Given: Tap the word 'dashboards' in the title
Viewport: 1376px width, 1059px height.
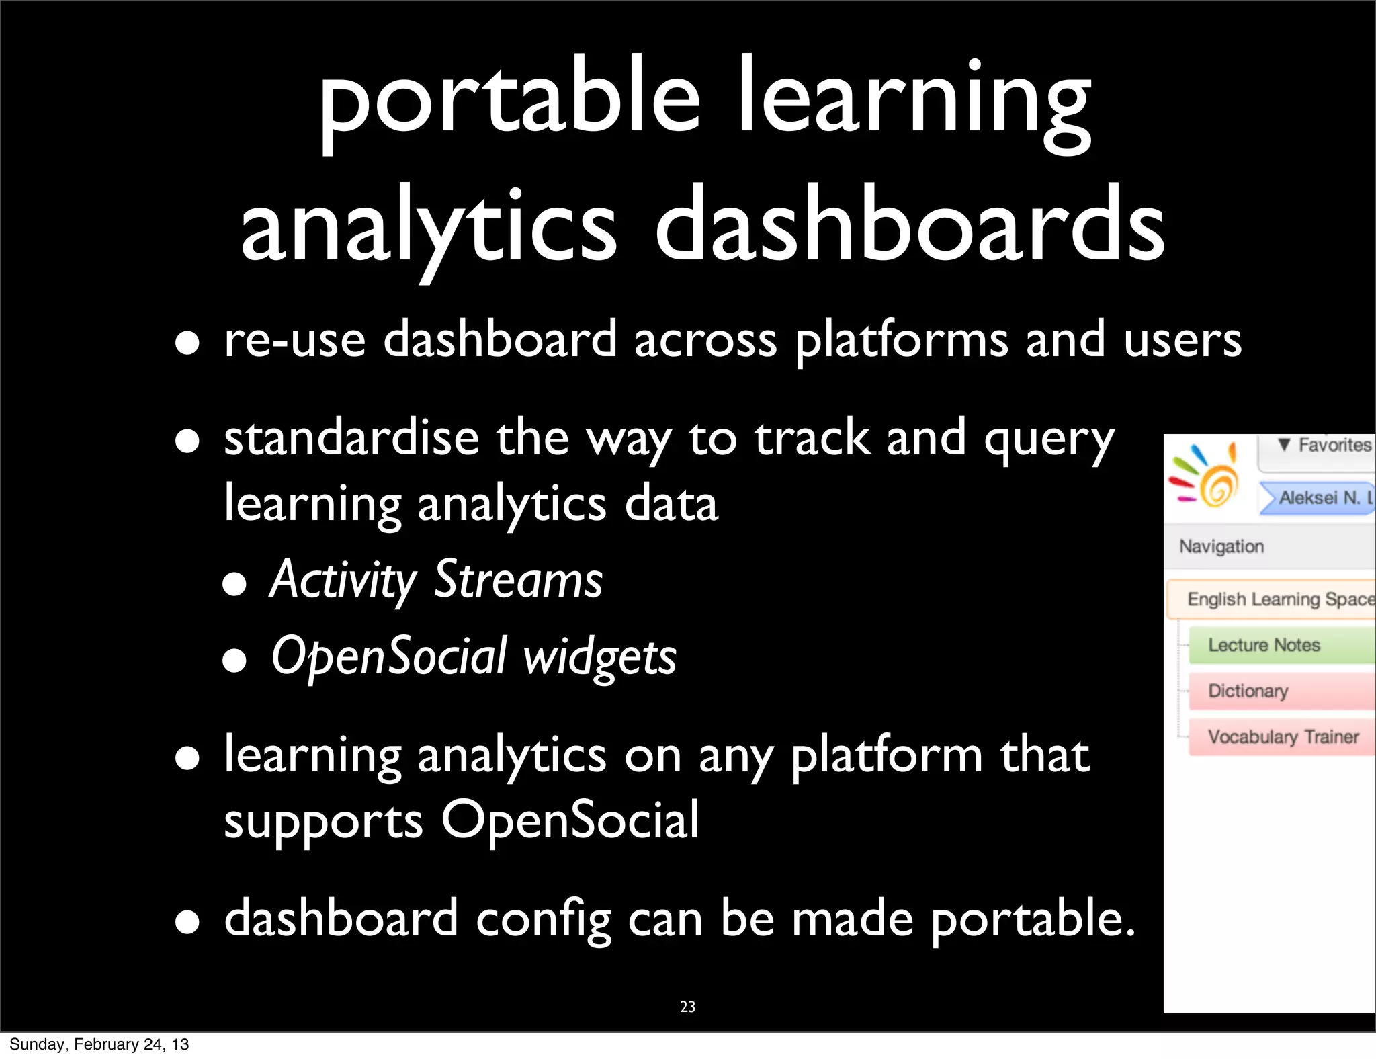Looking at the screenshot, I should coord(910,225).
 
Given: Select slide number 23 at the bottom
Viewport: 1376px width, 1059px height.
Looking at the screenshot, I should coord(687,1007).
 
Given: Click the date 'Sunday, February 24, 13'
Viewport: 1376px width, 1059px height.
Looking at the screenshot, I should coord(99,1044).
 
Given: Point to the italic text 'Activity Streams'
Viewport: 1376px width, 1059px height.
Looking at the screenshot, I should coord(436,579).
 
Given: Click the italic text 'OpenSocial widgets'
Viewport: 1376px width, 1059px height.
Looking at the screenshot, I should coord(474,656).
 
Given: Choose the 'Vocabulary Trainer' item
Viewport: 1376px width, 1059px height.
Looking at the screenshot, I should coord(1282,737).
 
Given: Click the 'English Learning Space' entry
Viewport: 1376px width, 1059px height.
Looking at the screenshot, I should coord(1277,599).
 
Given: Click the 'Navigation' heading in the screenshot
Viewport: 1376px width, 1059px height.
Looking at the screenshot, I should coord(1221,546).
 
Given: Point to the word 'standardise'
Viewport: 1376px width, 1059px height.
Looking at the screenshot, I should coord(351,438).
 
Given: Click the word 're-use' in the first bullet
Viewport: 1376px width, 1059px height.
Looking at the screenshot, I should coord(294,339).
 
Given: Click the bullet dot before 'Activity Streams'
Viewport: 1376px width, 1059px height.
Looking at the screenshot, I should coord(234,584).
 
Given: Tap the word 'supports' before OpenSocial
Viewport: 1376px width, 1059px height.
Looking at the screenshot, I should coord(323,821).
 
